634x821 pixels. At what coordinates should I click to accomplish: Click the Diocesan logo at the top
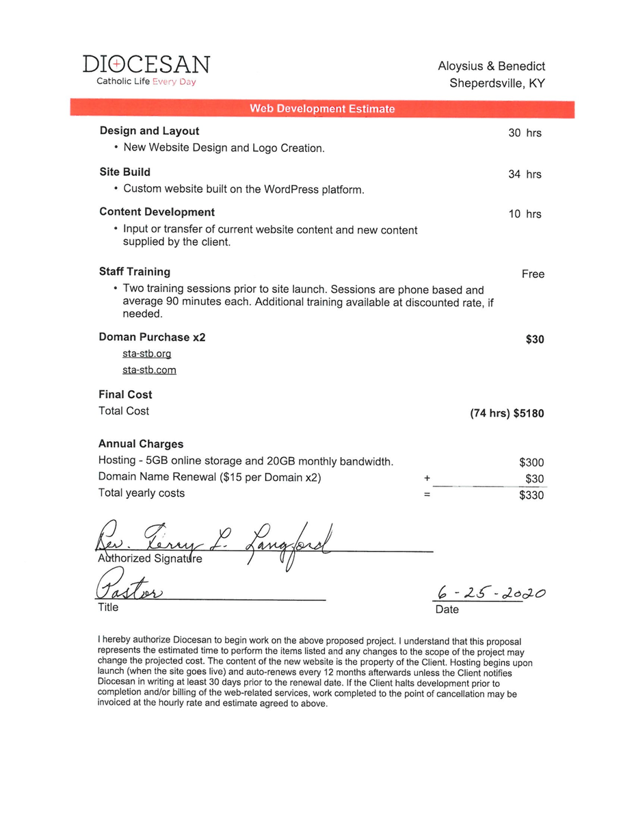(x=146, y=70)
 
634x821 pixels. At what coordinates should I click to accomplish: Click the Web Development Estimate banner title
(x=322, y=109)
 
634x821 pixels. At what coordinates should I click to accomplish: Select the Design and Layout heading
(x=149, y=131)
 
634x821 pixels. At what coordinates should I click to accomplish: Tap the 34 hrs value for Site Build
(x=525, y=174)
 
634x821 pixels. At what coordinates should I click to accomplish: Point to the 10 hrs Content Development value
(x=525, y=214)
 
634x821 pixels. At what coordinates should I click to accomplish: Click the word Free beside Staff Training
(x=533, y=274)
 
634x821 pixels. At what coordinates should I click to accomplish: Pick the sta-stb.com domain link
(x=149, y=370)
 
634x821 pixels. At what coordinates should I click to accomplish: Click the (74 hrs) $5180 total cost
(x=507, y=413)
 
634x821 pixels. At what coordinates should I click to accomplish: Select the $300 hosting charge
(x=531, y=462)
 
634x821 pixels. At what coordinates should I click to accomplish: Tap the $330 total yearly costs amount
(x=531, y=495)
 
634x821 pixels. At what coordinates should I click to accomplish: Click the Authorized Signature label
(x=150, y=559)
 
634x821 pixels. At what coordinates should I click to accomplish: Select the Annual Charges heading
(x=141, y=444)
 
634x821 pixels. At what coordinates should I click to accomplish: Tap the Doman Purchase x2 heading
(x=152, y=337)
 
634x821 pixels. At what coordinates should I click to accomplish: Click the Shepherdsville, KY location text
(x=497, y=83)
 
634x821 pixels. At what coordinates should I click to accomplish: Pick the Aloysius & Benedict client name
(x=491, y=66)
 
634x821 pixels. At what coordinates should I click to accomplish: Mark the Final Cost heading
(x=125, y=395)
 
